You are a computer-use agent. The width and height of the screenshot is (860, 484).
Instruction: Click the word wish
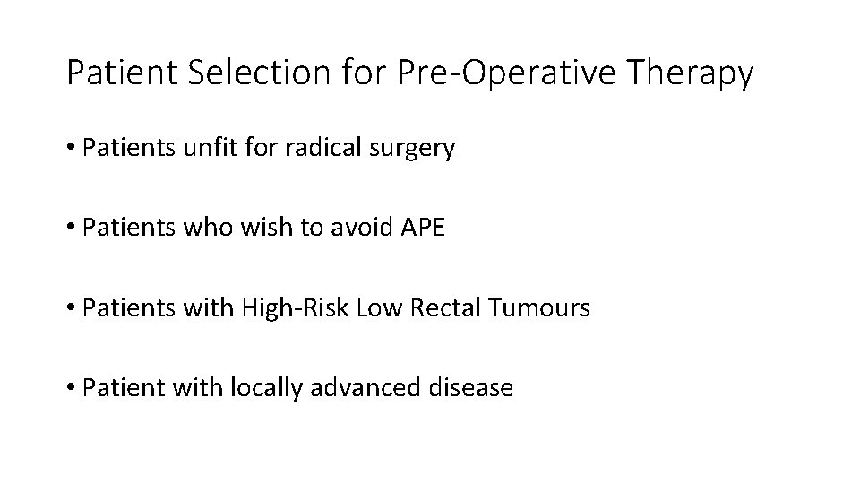pos(235,229)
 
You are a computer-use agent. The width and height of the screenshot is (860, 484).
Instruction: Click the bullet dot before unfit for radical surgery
pos(71,149)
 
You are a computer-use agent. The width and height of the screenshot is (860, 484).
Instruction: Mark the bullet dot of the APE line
pos(71,229)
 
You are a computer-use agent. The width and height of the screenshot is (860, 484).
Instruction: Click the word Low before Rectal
pos(374,309)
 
